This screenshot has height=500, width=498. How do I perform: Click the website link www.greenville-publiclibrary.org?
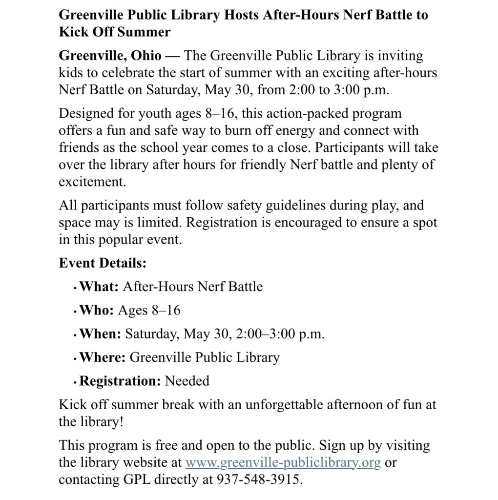pos(283,462)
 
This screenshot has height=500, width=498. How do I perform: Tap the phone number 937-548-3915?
pos(258,479)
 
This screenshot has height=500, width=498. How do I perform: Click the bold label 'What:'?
pos(99,286)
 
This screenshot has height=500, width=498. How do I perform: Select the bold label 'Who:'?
pos(97,310)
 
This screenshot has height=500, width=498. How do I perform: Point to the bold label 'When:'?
pos(100,333)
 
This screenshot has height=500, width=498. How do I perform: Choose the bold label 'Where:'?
pos(103,357)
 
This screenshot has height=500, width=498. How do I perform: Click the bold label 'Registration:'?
pos(120,380)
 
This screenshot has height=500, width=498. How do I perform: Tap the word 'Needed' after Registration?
pos(187,380)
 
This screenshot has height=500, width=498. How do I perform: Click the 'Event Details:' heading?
pos(103,263)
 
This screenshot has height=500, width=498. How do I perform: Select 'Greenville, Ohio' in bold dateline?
pos(110,56)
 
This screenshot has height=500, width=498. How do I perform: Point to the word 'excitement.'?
pos(92,182)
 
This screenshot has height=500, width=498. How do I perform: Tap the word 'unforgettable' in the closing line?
pos(290,404)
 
